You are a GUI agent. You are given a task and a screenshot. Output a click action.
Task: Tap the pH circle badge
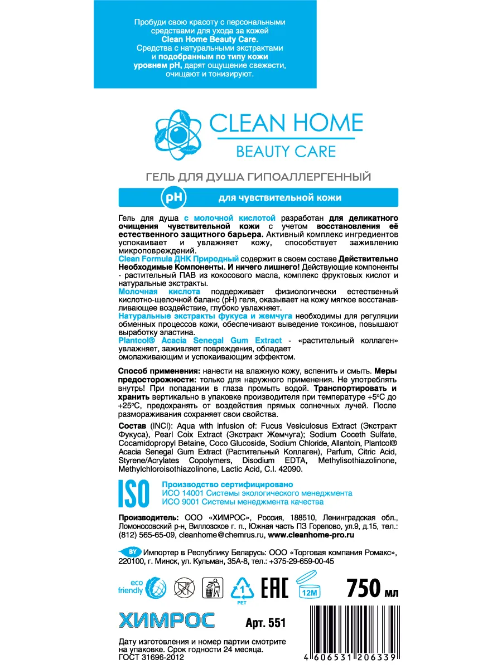(173, 197)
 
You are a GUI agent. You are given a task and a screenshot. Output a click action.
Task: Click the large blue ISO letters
(134, 491)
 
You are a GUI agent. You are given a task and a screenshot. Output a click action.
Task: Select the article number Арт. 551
(265, 622)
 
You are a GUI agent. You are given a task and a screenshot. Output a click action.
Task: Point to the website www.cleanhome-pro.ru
(311, 534)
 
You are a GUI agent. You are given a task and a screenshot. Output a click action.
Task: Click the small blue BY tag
(132, 550)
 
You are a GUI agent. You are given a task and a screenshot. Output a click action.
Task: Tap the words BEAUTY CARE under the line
(286, 151)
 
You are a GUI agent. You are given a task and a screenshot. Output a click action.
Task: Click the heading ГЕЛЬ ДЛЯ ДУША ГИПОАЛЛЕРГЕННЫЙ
(258, 178)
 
